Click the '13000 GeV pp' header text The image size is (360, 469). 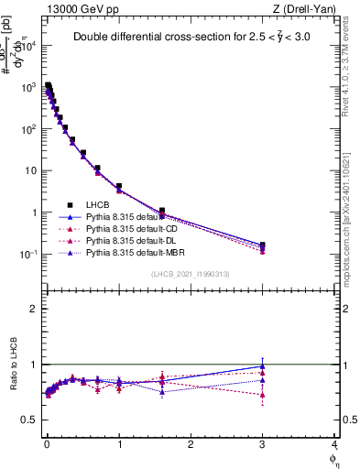coord(80,8)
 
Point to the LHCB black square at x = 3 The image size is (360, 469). coord(263,245)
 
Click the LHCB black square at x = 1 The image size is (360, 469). coord(119,187)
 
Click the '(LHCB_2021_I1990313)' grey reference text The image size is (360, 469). coord(190,275)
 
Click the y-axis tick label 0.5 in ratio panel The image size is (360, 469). coord(30,420)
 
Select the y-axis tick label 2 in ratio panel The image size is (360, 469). coord(34,309)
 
